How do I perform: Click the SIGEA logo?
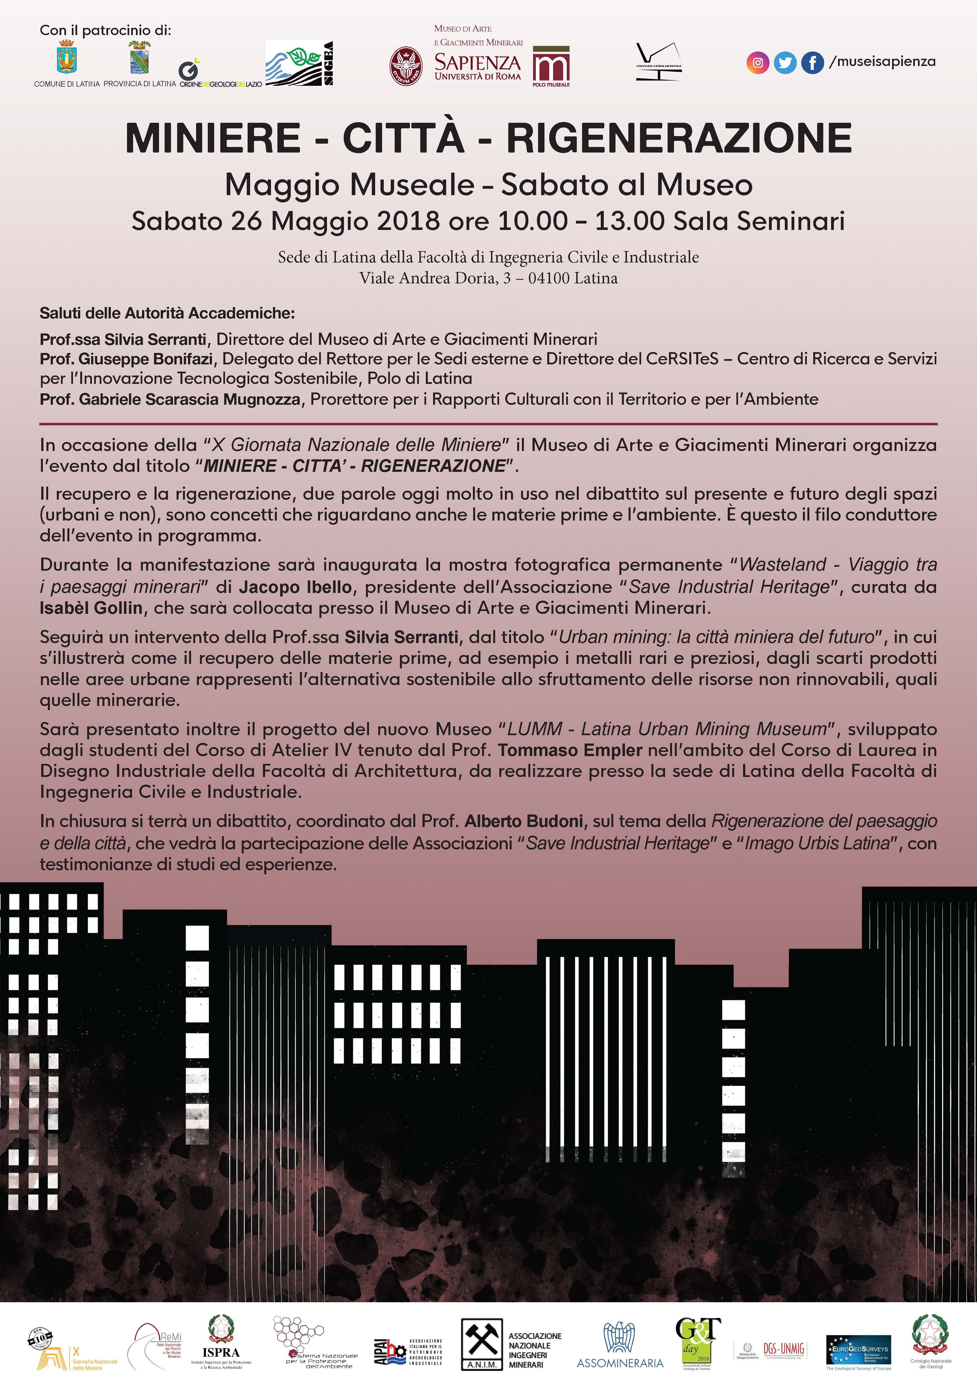(300, 63)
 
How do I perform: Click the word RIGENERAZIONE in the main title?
(679, 138)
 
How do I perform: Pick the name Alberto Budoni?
(523, 821)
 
